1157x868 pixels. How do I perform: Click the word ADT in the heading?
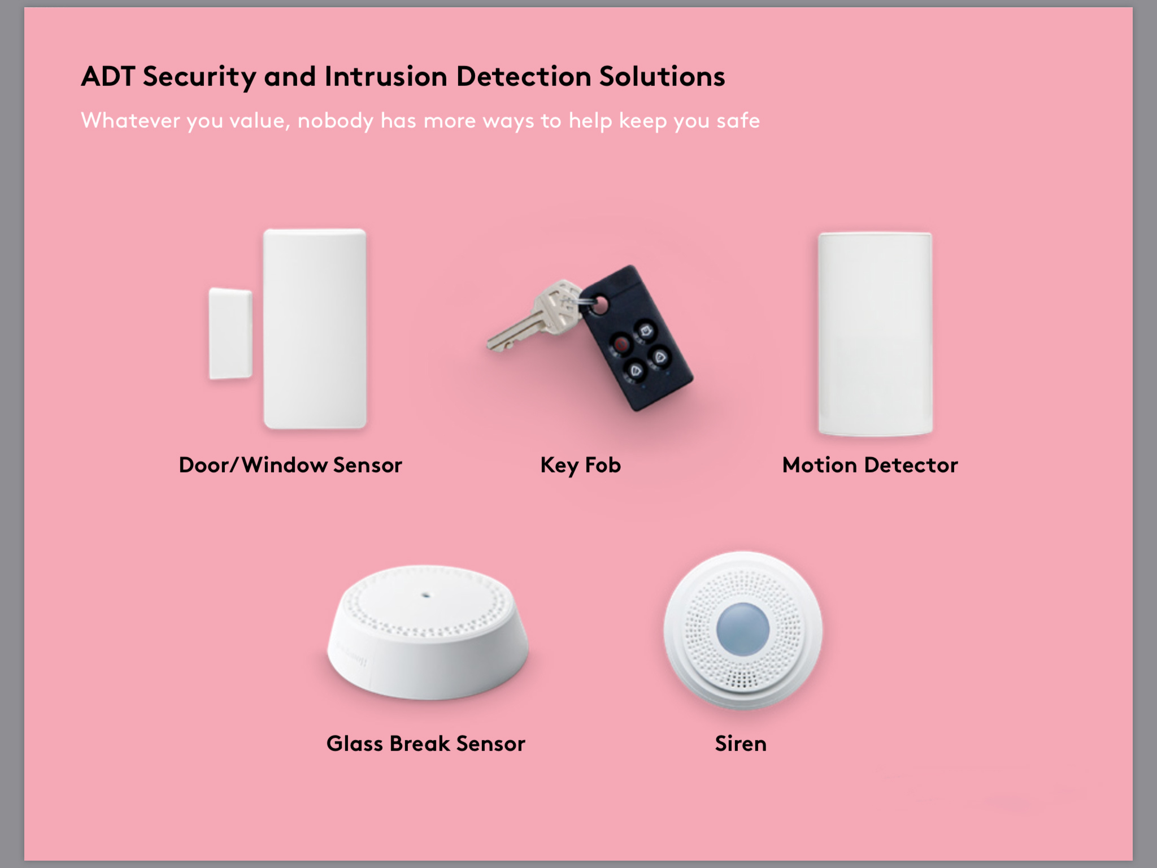click(108, 76)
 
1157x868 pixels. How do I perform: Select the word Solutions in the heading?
click(662, 76)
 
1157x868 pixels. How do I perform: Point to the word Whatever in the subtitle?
click(130, 120)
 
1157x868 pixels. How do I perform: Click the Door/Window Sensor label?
click(290, 465)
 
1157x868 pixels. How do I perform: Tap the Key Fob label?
click(581, 466)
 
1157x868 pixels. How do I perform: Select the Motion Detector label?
click(870, 465)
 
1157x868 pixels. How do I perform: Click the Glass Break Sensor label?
click(426, 744)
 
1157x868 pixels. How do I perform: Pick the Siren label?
click(741, 744)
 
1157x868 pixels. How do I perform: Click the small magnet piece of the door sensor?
click(230, 333)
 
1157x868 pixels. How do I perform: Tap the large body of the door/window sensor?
click(315, 328)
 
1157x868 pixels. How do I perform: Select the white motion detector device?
click(875, 334)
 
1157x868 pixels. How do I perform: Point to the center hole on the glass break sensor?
click(426, 595)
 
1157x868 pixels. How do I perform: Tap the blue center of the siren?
click(743, 629)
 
